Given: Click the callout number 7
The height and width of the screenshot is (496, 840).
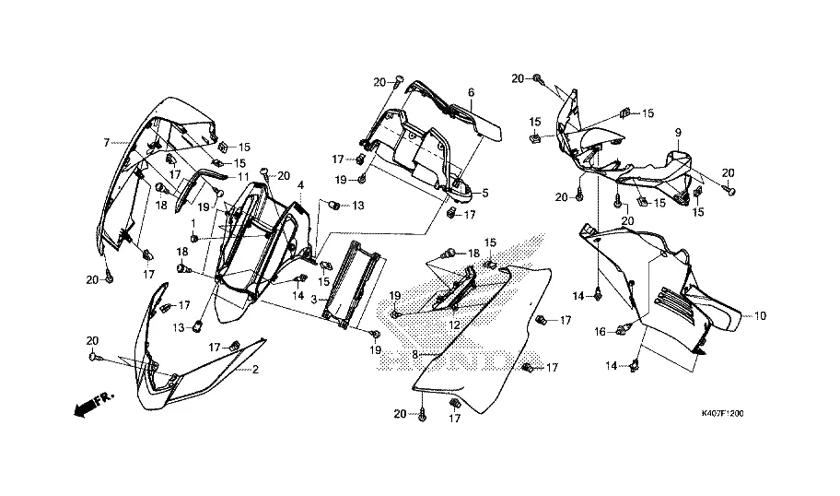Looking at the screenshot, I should pyautogui.click(x=106, y=142).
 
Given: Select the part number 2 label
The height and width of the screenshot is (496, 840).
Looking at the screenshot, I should pyautogui.click(x=256, y=369).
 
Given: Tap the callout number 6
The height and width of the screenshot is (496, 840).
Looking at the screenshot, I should pyautogui.click(x=470, y=92).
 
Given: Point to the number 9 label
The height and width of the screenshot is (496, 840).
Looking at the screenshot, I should pyautogui.click(x=679, y=133).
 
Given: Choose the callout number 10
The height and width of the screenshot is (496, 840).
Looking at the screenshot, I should pyautogui.click(x=760, y=316).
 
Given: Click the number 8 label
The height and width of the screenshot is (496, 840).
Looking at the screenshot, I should pyautogui.click(x=414, y=354).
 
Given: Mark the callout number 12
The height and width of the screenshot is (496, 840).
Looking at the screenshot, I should pyautogui.click(x=455, y=325).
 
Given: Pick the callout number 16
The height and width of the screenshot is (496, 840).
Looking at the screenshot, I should pyautogui.click(x=601, y=331).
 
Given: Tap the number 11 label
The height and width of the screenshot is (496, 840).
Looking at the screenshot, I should pyautogui.click(x=244, y=176).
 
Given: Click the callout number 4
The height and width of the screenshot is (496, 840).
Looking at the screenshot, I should pyautogui.click(x=300, y=186).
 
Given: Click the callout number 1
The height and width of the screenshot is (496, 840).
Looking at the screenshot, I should pyautogui.click(x=193, y=224).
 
